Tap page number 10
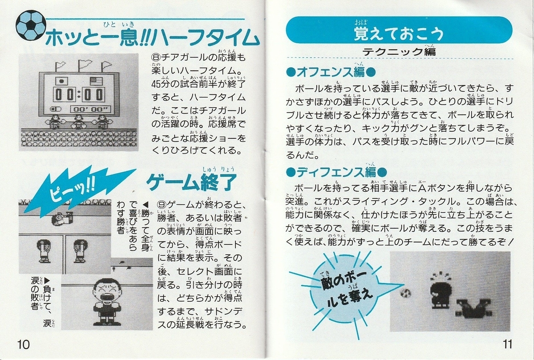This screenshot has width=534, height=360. [x=23, y=345]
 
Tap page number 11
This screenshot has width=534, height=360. [x=507, y=344]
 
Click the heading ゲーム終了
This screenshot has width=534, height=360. [x=191, y=182]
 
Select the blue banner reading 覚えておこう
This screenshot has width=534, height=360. [x=399, y=30]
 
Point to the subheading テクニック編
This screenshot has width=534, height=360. [x=399, y=51]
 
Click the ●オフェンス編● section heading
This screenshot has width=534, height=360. [x=331, y=72]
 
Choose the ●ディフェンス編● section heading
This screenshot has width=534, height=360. [x=336, y=172]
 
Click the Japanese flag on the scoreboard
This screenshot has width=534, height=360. [x=61, y=81]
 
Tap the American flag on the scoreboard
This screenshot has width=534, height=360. [x=96, y=81]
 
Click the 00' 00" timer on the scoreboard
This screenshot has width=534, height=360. [x=91, y=109]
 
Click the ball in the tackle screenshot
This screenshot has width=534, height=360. [x=405, y=292]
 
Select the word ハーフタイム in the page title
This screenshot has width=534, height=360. [x=206, y=38]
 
